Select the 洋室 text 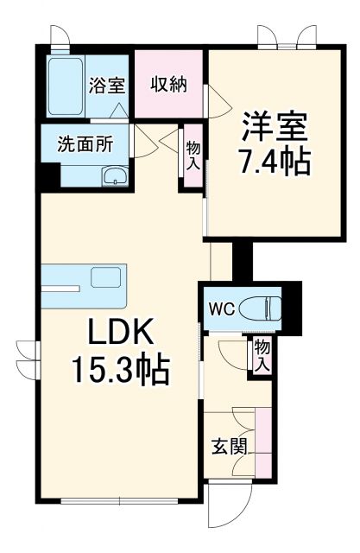coord(272,127)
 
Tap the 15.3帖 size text coord(119,373)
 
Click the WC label coord(219,306)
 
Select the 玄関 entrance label coord(230,448)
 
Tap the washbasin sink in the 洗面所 coord(114,178)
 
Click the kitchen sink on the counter coord(108,279)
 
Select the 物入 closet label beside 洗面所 coord(193,156)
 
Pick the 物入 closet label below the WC coord(262,353)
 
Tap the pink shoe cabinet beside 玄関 coord(262,445)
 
